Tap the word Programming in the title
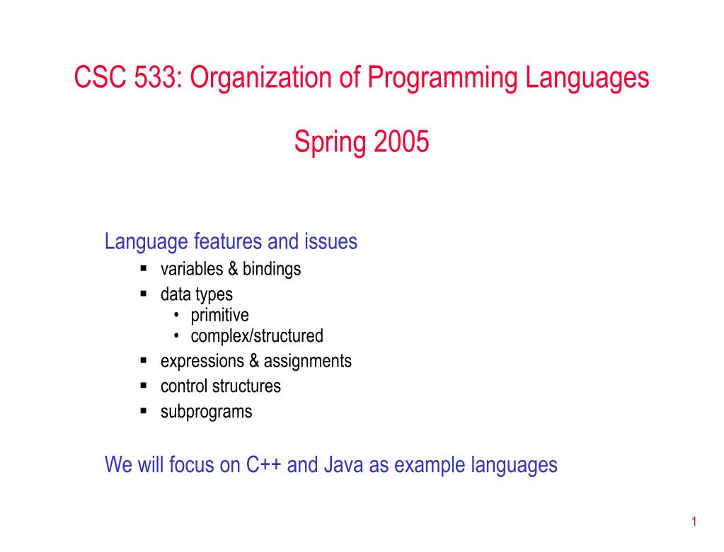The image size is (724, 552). point(442,78)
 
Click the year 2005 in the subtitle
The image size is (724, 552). point(401,142)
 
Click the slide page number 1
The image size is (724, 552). point(694,522)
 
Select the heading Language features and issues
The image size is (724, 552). point(231,242)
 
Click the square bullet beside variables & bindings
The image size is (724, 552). point(144,268)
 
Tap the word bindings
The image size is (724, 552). point(272,270)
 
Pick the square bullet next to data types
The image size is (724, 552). point(144,293)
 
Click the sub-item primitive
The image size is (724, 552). point(220,316)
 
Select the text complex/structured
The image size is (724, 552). point(257,336)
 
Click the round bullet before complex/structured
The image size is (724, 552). point(176,335)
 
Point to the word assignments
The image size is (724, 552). point(308,362)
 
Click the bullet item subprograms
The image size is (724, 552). point(207,412)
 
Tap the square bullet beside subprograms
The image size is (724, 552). point(144,410)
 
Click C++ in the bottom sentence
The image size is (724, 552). point(263,464)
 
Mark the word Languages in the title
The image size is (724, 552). point(587,78)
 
